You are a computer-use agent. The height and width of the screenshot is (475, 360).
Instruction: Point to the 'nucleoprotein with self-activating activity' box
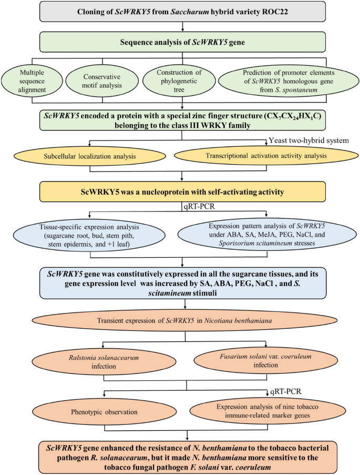point(180,191)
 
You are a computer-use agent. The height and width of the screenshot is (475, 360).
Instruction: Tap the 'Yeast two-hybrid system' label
point(307,140)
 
